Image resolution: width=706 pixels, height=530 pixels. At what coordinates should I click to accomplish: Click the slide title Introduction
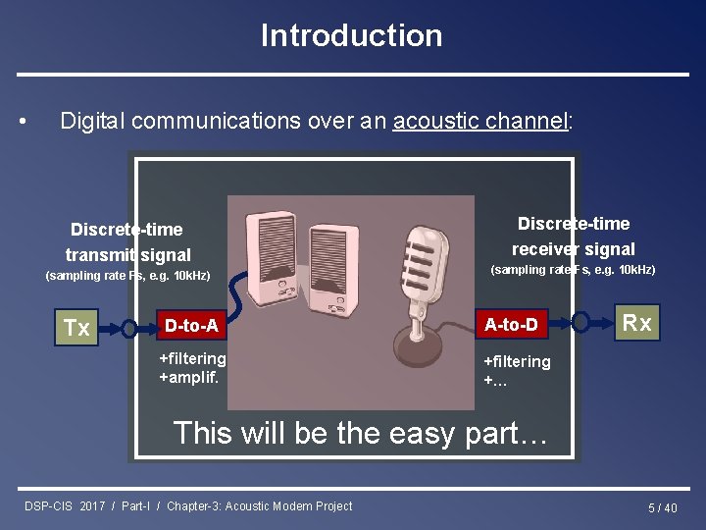tap(351, 36)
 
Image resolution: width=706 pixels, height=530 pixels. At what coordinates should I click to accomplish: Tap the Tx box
tap(76, 327)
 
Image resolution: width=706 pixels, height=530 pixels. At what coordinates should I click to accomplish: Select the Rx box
tap(637, 323)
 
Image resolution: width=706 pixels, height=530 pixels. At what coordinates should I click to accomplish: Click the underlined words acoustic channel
tap(479, 122)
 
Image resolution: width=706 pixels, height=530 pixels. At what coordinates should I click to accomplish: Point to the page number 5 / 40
tap(662, 507)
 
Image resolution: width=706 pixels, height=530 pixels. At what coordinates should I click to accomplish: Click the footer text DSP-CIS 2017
tap(66, 506)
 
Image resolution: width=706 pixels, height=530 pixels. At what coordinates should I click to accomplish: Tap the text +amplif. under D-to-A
tap(189, 377)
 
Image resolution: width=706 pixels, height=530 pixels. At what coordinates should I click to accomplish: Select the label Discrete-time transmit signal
tap(126, 242)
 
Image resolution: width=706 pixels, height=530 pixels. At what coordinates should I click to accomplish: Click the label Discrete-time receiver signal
tap(574, 237)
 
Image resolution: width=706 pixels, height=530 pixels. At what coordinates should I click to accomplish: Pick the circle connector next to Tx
tap(128, 327)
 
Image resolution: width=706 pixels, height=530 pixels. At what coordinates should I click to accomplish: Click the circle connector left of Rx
tap(580, 322)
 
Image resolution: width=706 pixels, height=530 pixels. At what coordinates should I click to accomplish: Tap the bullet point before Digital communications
tap(24, 123)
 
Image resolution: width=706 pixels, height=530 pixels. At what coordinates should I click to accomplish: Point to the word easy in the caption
tap(375, 433)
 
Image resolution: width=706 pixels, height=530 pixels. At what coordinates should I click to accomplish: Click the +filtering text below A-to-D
tap(517, 361)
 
